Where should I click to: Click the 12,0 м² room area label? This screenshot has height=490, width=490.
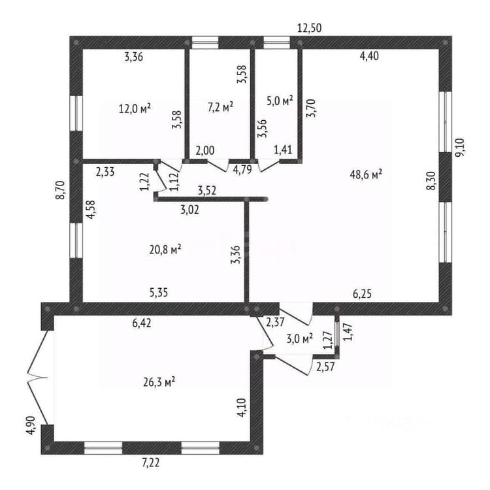click(x=135, y=108)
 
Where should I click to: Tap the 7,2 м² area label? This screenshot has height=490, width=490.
click(x=221, y=107)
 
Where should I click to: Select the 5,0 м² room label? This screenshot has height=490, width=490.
click(x=280, y=101)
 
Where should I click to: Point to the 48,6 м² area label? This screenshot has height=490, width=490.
click(x=367, y=174)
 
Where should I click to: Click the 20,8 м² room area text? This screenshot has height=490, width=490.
click(x=166, y=250)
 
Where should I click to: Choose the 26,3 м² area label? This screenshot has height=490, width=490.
click(x=159, y=382)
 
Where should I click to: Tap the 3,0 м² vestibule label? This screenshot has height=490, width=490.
click(x=300, y=338)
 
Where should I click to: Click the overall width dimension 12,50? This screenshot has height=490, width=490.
click(x=309, y=28)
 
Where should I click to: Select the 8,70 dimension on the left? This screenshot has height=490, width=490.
click(x=60, y=189)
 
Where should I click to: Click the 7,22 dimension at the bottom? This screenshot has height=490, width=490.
click(x=151, y=463)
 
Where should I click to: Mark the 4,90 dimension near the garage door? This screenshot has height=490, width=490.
click(x=31, y=425)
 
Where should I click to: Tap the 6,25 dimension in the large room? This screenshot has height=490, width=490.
click(x=362, y=294)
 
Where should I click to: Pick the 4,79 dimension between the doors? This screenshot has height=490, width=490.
click(x=242, y=169)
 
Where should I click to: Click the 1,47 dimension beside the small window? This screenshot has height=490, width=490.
click(x=348, y=332)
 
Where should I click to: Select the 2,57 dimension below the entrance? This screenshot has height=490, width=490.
click(x=325, y=367)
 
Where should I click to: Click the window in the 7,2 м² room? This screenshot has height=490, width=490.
click(x=205, y=42)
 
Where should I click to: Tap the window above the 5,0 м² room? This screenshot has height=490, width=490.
click(x=277, y=42)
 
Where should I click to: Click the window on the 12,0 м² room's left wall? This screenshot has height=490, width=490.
click(x=76, y=113)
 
